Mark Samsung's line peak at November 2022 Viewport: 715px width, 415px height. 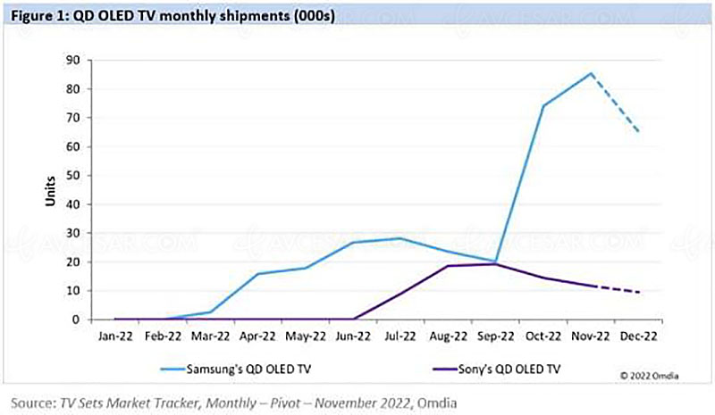point(591,73)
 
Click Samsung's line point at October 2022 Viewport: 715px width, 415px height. point(543,105)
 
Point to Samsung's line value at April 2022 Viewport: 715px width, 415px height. point(259,273)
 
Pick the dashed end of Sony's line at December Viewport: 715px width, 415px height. point(638,292)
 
